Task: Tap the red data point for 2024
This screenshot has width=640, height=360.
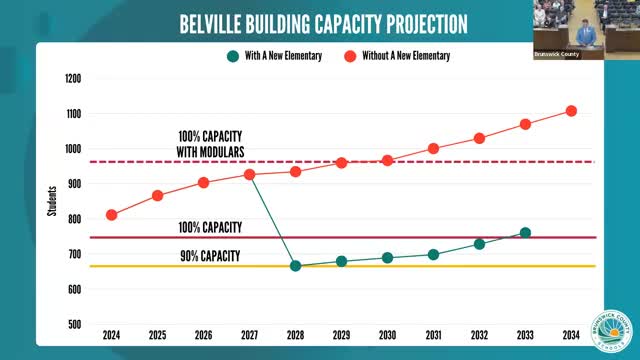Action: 112,215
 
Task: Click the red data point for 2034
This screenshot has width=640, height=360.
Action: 571,111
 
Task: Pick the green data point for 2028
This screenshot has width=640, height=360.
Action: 296,266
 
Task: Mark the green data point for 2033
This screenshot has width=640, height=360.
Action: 525,233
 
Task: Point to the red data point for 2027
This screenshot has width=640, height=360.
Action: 250,175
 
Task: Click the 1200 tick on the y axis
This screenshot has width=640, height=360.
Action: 72,78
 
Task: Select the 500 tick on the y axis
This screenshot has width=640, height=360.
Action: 74,324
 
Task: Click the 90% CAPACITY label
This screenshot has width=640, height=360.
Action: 210,256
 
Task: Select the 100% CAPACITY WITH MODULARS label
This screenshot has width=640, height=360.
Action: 210,142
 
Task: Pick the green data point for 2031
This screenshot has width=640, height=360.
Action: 433,254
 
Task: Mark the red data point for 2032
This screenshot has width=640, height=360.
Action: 479,138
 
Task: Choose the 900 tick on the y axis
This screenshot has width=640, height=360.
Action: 74,184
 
